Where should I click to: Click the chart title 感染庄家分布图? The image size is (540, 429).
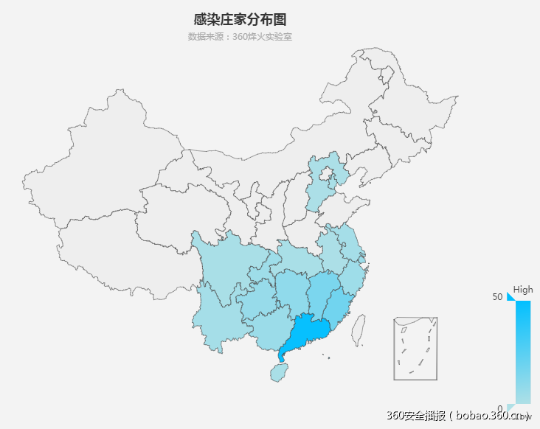240,19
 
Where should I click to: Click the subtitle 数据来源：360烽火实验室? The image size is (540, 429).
240,37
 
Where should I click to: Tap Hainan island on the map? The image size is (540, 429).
278,372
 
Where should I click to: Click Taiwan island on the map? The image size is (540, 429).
359,330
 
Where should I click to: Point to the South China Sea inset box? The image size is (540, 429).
415,349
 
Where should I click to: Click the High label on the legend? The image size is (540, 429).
523,290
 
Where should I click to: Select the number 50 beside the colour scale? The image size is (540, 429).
499,296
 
